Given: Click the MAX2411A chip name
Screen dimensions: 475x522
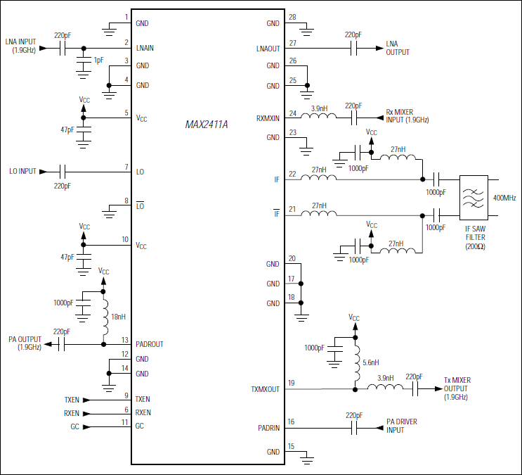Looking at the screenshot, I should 207,124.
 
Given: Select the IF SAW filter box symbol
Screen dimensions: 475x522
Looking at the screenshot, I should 473,198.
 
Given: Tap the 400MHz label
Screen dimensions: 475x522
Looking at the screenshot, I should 506,198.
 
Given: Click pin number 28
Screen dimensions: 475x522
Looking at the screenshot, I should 292,17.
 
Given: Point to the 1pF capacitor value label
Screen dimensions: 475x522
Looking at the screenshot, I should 98,61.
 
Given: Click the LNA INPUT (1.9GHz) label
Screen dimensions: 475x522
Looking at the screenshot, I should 21,46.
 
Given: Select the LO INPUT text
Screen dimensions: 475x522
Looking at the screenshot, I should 22,171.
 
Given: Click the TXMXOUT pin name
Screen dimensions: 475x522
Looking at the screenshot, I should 265,388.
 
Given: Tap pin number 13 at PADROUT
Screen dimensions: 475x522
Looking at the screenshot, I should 125,339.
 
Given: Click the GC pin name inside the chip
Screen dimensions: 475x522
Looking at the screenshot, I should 140,426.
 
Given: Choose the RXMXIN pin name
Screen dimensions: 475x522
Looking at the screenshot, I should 267,118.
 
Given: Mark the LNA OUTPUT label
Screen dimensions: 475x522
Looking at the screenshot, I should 398,48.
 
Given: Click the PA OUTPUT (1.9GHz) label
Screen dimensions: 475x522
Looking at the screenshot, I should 25,343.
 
